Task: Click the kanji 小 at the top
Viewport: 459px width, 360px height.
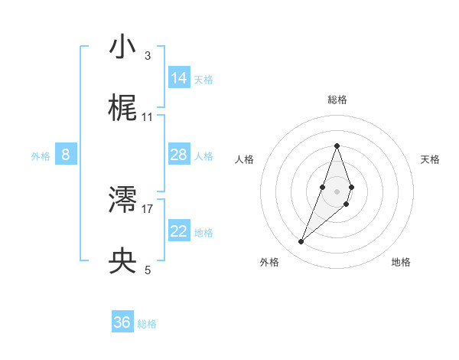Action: coord(123,47)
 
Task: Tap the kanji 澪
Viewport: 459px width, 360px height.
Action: coord(123,200)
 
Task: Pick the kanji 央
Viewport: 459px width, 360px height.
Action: coord(123,261)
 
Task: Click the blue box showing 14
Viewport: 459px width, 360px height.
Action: coord(179,78)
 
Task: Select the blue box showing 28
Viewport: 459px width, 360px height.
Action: coord(179,155)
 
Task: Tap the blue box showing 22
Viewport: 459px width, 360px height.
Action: coord(179,231)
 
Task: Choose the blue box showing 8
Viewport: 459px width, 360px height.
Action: coord(66,155)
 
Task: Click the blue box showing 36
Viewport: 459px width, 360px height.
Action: coord(122,322)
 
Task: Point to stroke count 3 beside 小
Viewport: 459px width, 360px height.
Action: coord(147,56)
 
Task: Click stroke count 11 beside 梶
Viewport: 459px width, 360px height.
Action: coord(147,117)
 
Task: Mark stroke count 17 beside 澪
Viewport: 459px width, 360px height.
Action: coord(148,208)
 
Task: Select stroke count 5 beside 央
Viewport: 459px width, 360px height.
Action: coord(147,270)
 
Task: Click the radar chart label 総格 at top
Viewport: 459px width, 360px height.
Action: coord(337,100)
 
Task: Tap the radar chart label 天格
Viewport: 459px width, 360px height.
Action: coord(430,159)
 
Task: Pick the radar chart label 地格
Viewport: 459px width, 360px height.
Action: coord(401,262)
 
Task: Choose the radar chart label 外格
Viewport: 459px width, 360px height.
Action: coord(269,262)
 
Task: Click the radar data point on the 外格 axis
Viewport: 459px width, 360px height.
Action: coord(301,242)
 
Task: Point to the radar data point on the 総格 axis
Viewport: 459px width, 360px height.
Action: coord(337,146)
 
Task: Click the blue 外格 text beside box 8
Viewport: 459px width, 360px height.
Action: coord(41,156)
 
